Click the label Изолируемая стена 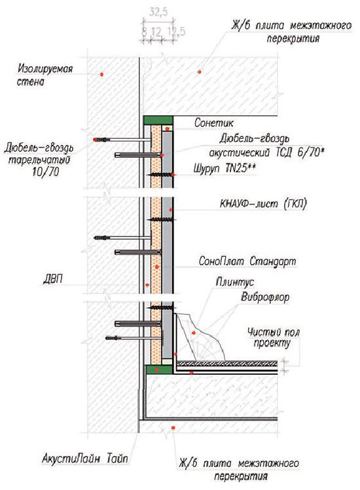[x=45, y=75]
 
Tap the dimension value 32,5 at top [x=158, y=12]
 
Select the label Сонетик [x=214, y=122]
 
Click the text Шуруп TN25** [x=225, y=169]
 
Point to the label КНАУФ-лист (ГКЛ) [x=263, y=204]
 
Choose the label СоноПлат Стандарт [x=247, y=261]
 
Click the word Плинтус [x=235, y=282]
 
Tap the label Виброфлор [x=265, y=297]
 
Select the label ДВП [x=52, y=279]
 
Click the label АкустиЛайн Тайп [x=85, y=459]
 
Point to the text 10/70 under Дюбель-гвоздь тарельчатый [x=46, y=172]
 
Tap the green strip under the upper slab [x=158, y=120]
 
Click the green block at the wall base [x=159, y=369]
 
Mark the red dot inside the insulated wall [x=101, y=74]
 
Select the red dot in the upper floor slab [x=199, y=72]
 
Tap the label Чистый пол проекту [x=274, y=337]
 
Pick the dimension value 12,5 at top [x=177, y=31]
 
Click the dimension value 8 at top [x=144, y=31]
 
